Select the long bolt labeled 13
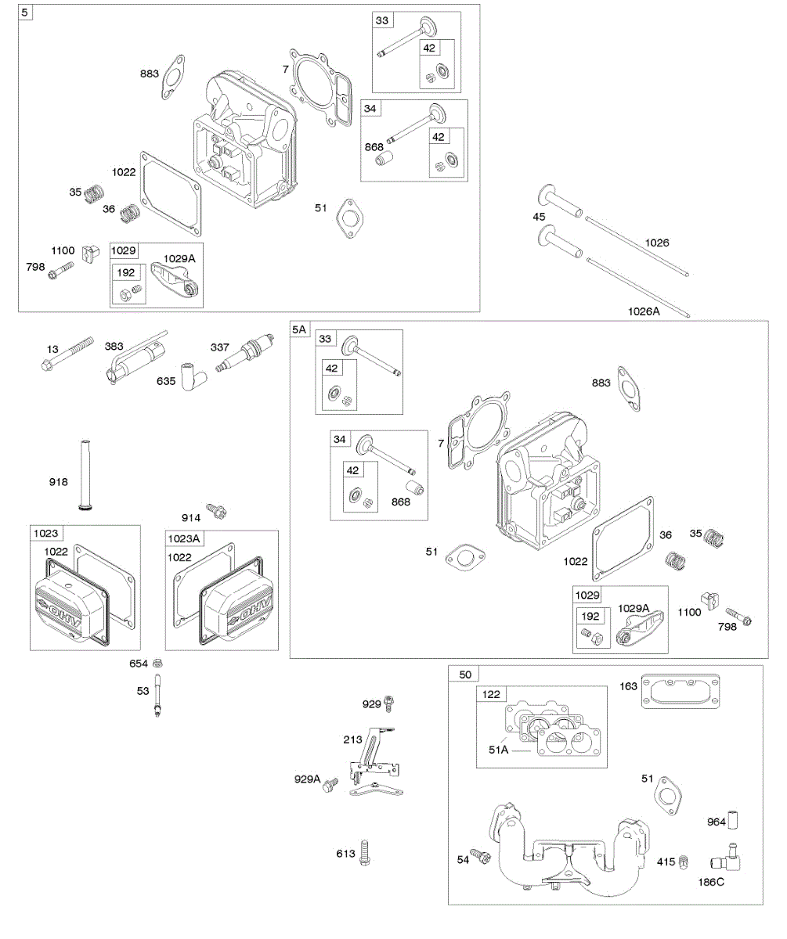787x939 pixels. pyautogui.click(x=68, y=354)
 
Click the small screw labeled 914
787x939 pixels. pyautogui.click(x=215, y=512)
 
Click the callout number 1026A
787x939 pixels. pyautogui.click(x=644, y=311)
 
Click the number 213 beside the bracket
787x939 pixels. pyautogui.click(x=352, y=738)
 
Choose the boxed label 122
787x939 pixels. pyautogui.click(x=493, y=694)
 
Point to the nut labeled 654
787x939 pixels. pyautogui.click(x=158, y=664)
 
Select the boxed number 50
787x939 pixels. pyautogui.click(x=465, y=674)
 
